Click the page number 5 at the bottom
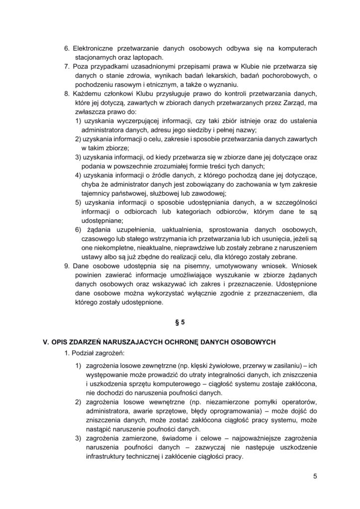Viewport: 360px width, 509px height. [x=315, y=476]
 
